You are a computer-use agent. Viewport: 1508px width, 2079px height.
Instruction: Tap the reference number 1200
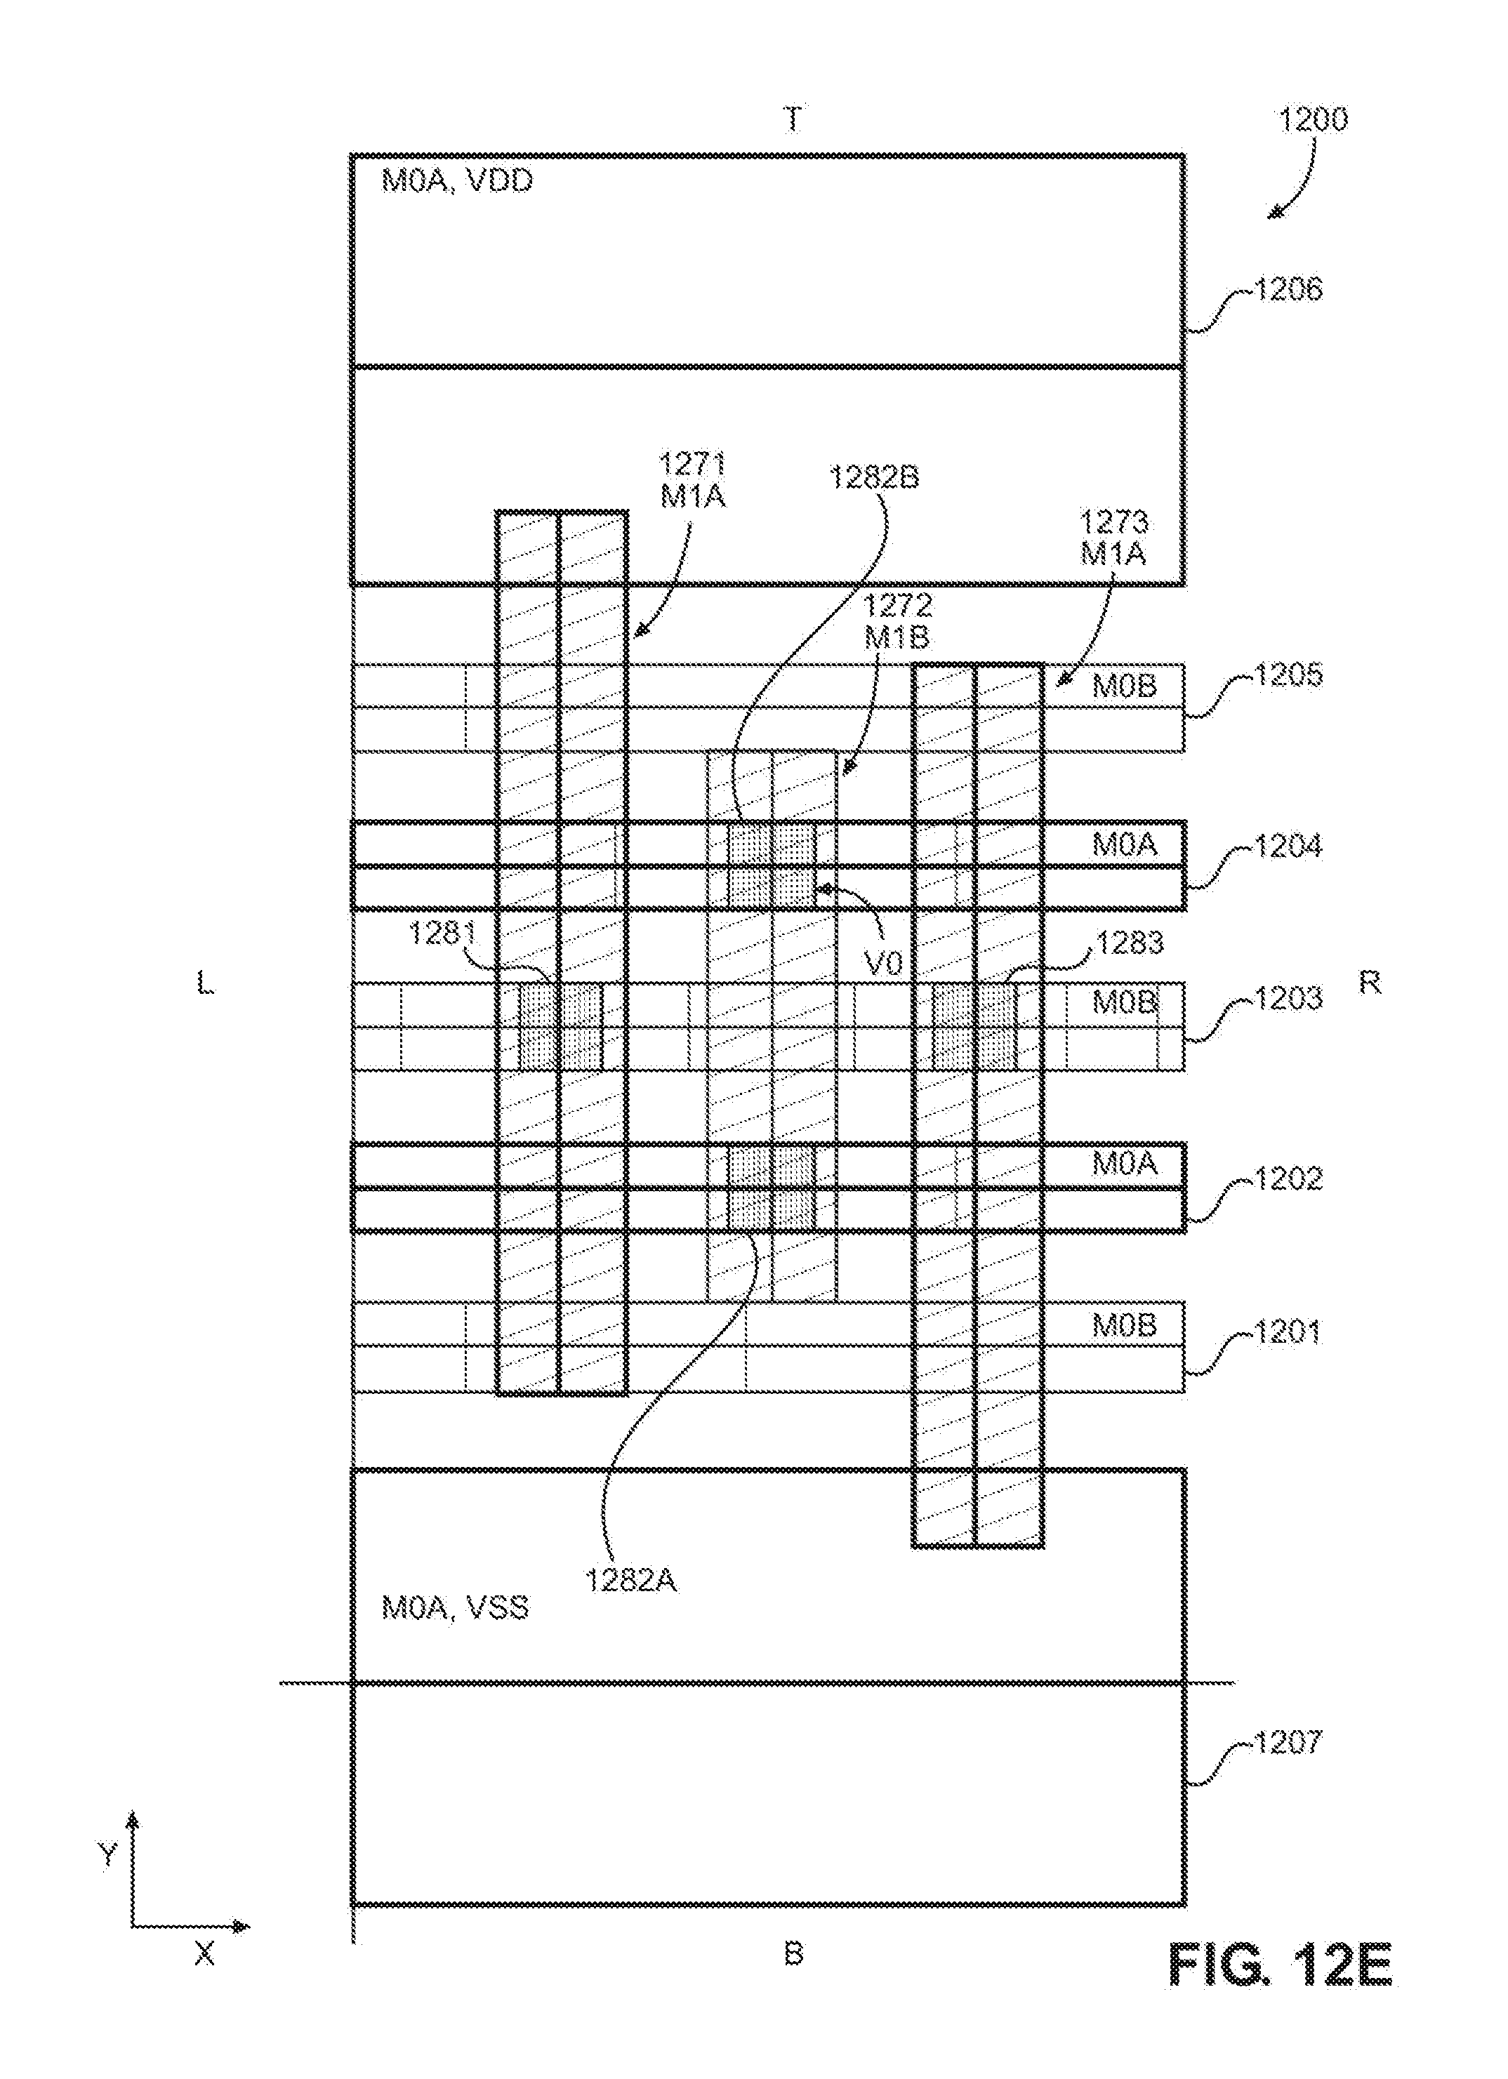[1313, 120]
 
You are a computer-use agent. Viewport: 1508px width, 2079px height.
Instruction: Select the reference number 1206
[1288, 290]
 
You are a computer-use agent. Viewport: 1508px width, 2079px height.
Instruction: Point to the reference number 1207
[1288, 1741]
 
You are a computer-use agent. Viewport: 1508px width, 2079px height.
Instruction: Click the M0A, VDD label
[456, 180]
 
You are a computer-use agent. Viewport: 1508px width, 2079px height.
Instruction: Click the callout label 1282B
[875, 477]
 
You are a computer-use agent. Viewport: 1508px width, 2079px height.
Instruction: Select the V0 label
[885, 962]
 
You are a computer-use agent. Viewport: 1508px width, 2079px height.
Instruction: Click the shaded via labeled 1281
[561, 1025]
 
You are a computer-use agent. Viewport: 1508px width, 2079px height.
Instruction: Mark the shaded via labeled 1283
[974, 1025]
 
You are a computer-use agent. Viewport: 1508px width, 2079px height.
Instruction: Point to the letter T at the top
[793, 120]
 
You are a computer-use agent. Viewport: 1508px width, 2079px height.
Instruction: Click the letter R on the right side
[1370, 983]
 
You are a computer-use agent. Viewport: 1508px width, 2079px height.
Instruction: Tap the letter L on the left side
[205, 985]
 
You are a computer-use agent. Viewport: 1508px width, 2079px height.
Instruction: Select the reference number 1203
[1288, 997]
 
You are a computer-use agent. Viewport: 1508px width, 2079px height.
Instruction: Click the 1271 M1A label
[693, 479]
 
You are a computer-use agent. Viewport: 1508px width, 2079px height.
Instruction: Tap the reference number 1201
[1288, 1331]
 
